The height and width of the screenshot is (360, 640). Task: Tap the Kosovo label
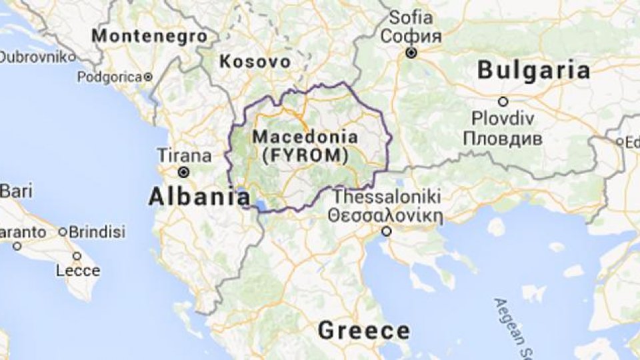(x=255, y=62)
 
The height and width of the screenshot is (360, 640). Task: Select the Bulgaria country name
(x=533, y=70)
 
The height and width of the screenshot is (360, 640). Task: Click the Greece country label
(x=363, y=330)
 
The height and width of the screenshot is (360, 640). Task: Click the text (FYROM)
(x=305, y=156)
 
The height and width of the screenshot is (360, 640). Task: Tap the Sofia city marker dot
(x=413, y=53)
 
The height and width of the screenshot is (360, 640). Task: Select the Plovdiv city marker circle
(x=503, y=102)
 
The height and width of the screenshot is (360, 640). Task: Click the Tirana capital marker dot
(x=183, y=172)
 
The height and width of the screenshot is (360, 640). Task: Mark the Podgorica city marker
(x=149, y=77)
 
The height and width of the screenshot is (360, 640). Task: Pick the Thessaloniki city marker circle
(x=386, y=231)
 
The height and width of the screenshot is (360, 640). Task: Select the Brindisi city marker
(x=62, y=232)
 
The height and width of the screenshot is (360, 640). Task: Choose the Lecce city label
(x=78, y=271)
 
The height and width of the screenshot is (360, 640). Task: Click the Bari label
(x=15, y=192)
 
